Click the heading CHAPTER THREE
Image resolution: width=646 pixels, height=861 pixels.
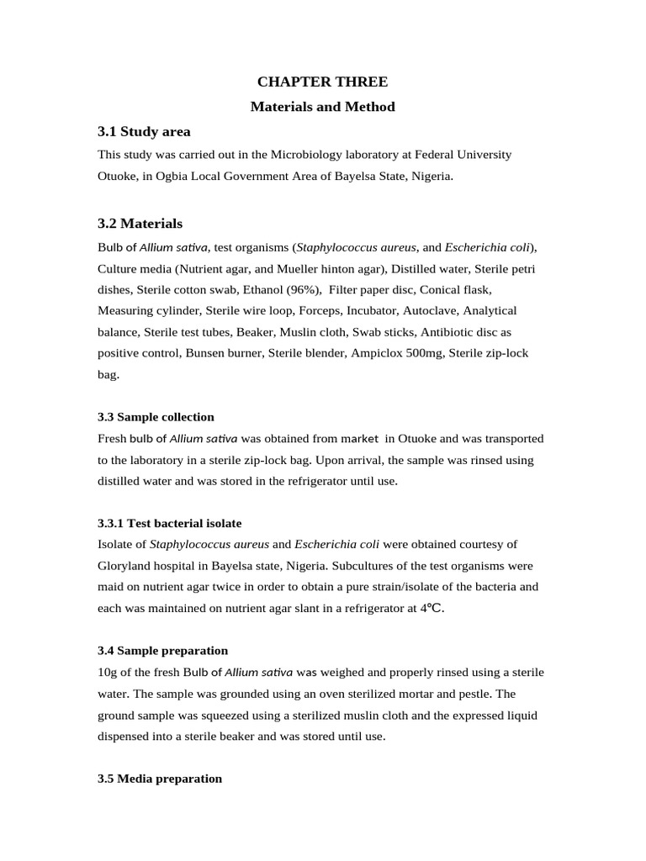[322, 82]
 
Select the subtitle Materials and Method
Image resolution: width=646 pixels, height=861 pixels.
[322, 107]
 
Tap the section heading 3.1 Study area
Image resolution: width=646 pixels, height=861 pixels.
[144, 131]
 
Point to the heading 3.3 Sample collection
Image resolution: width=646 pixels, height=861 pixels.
[156, 417]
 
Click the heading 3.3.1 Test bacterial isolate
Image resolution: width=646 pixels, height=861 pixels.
[169, 523]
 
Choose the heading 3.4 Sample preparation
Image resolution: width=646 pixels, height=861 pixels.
[162, 651]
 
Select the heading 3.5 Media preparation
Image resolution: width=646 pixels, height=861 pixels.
[160, 779]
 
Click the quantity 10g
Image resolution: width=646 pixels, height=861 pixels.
[107, 672]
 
